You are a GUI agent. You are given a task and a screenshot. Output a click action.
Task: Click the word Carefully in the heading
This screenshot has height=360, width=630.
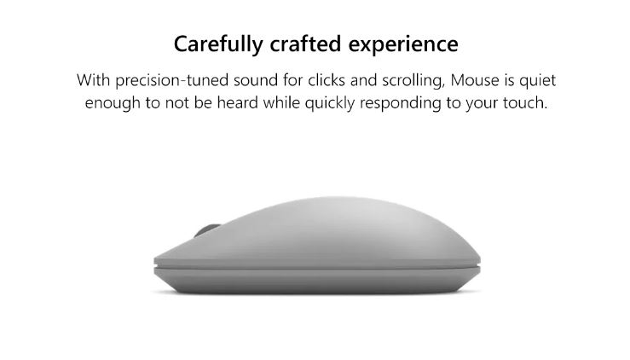pos(218,44)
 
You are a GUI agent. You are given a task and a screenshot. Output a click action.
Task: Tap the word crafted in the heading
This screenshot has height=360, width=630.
pos(305,44)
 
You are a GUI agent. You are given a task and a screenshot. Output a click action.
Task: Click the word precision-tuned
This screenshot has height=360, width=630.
pos(172,80)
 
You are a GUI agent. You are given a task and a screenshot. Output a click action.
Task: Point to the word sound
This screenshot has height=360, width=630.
pos(256,80)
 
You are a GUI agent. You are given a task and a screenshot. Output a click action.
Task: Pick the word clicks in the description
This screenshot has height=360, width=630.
pos(327,80)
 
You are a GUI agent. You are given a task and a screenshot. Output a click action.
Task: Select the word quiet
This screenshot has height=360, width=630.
pos(538,81)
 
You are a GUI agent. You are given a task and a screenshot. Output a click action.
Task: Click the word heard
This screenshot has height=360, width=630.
pos(238,102)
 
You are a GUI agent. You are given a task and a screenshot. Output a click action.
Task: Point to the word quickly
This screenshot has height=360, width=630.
pos(329,103)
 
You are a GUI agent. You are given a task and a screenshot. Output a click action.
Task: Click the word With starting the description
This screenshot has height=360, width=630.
pos(94,80)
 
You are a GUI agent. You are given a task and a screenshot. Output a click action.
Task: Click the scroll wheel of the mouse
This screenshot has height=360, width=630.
pos(206,229)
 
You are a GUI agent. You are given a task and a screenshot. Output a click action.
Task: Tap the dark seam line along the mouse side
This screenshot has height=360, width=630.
pos(317,267)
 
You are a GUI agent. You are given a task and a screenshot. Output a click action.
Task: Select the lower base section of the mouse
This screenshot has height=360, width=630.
pos(317,280)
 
